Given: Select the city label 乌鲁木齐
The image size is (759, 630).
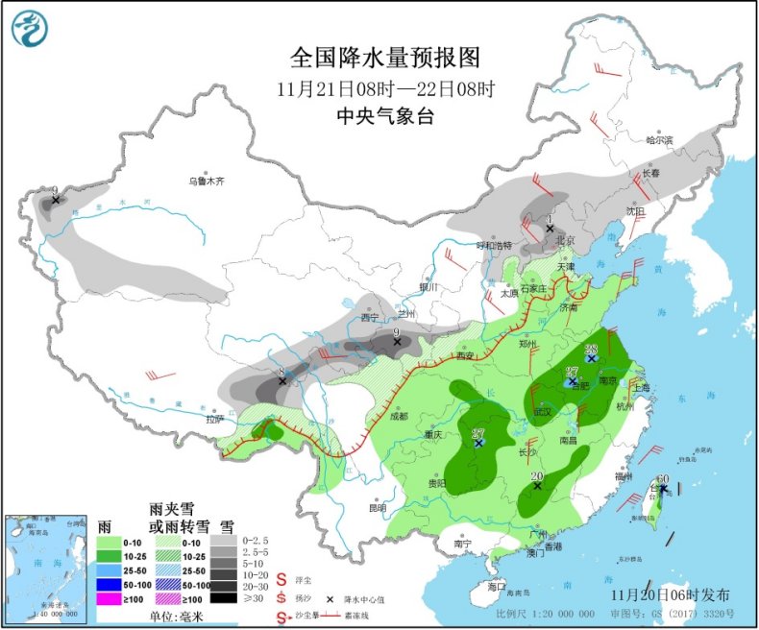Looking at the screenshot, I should point(206,181).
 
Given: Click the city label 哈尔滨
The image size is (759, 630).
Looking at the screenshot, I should point(659,140).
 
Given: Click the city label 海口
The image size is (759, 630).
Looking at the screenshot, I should point(496,586).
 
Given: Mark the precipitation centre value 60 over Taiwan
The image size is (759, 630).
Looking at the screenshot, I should point(662,479).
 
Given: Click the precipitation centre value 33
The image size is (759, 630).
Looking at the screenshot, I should point(592,349).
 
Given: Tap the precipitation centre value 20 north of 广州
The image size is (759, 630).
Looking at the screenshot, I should point(537,475).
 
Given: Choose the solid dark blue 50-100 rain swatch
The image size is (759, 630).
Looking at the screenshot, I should point(114,584).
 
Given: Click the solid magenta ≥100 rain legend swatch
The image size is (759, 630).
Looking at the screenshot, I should point(114,598).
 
